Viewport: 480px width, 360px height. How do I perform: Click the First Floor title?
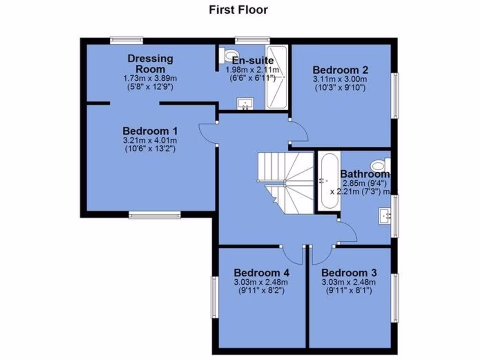pyautogui.click(x=239, y=10)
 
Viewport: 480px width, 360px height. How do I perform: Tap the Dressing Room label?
pyautogui.click(x=150, y=64)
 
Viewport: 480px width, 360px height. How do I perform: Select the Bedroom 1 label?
pyautogui.click(x=150, y=130)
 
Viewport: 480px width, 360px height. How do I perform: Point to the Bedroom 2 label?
pyautogui.click(x=340, y=70)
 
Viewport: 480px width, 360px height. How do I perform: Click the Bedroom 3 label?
pyautogui.click(x=349, y=272)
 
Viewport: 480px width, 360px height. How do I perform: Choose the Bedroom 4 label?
pyautogui.click(x=261, y=272)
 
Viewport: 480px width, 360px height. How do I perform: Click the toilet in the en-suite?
pyautogui.click(x=228, y=55)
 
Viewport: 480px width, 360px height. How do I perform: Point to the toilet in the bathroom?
pyautogui.click(x=380, y=165)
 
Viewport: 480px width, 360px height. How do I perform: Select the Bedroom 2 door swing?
pyautogui.click(x=299, y=132)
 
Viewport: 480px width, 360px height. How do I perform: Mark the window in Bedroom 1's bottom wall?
pyautogui.click(x=155, y=215)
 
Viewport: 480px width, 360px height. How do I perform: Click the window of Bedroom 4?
pyautogui.click(x=214, y=296)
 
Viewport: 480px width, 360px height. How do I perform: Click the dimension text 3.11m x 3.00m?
pyautogui.click(x=340, y=79)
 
